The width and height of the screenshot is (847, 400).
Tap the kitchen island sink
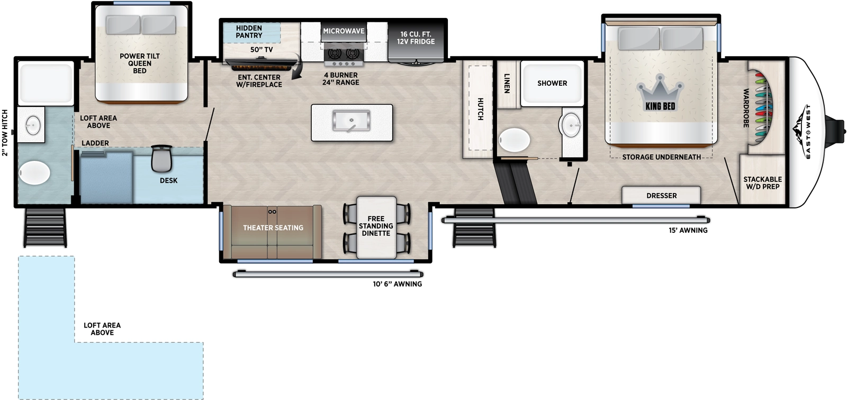click(x=351, y=121)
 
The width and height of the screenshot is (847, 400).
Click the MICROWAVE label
click(x=344, y=31)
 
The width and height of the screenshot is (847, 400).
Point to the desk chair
click(x=161, y=158)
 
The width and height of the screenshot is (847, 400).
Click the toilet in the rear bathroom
click(x=35, y=173)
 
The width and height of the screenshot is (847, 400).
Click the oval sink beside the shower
click(x=571, y=125)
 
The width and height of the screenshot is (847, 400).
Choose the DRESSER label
click(x=661, y=196)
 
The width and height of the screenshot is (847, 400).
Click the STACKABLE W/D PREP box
click(x=762, y=183)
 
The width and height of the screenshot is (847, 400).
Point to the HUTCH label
click(x=480, y=109)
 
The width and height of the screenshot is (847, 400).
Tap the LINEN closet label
click(x=507, y=83)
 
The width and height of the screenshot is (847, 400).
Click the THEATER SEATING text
click(x=273, y=228)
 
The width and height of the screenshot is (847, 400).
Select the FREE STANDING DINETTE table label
click(x=376, y=226)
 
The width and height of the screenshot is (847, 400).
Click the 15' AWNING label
click(x=688, y=230)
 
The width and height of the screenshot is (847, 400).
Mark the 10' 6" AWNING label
click(x=397, y=284)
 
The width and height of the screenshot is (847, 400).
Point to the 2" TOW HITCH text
click(x=5, y=133)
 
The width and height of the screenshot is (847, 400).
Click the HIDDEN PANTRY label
click(x=249, y=32)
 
